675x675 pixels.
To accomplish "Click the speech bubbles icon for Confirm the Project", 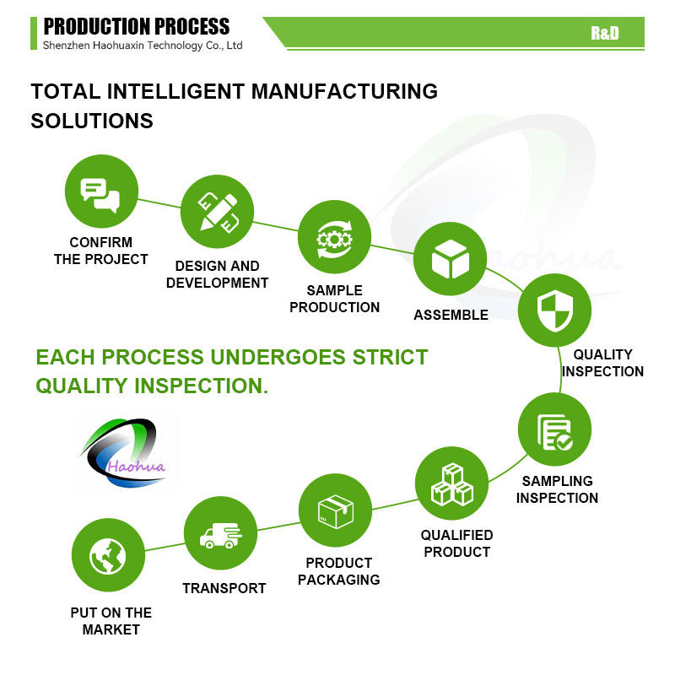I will (101, 192).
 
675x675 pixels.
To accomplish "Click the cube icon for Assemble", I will (451, 260).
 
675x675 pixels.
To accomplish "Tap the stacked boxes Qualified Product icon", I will (452, 483).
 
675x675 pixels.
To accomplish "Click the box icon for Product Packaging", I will (335, 511).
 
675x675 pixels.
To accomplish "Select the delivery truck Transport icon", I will (219, 534).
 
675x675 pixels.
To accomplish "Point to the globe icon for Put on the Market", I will (108, 555).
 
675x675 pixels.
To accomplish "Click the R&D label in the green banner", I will (604, 33).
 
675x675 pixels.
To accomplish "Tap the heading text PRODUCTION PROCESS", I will (136, 26).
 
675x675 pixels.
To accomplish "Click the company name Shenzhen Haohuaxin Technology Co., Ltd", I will (142, 46).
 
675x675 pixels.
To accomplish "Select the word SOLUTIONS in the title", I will (92, 121).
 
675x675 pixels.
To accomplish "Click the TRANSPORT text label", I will (224, 588).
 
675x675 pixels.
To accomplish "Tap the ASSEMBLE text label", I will (451, 315).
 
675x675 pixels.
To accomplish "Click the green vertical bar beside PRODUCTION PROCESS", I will (34, 33).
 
